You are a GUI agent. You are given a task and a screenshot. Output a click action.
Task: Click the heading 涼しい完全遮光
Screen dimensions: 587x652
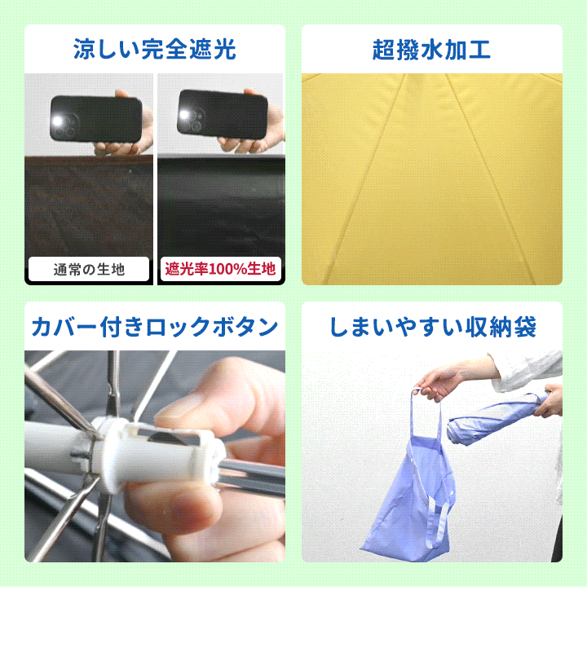[x=155, y=50]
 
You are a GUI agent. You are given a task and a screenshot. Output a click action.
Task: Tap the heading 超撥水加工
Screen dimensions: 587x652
[x=431, y=50]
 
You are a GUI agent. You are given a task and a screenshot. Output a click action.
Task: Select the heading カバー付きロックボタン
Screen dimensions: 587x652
[x=155, y=327]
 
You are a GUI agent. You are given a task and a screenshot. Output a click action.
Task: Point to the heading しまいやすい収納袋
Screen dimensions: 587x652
[x=433, y=327]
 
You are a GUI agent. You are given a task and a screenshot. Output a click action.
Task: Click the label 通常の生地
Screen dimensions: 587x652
[x=89, y=270]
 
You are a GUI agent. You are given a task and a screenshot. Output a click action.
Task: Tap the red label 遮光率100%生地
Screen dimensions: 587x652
[x=220, y=269]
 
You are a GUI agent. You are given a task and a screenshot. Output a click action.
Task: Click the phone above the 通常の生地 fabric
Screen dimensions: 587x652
[x=96, y=119]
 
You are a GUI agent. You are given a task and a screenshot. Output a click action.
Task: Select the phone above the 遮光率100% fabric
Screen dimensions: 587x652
[x=223, y=114]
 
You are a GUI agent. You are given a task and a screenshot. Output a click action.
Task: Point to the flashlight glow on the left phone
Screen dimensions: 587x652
[x=58, y=121]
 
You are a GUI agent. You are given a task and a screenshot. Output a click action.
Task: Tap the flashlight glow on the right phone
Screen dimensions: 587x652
[x=185, y=115]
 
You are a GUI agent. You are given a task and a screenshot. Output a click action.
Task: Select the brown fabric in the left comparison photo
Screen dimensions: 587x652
[x=89, y=206]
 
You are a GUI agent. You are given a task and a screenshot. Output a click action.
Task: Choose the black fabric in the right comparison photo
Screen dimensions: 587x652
[x=221, y=206]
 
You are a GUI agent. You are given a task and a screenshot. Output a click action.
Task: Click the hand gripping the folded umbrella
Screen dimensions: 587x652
[x=549, y=400]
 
